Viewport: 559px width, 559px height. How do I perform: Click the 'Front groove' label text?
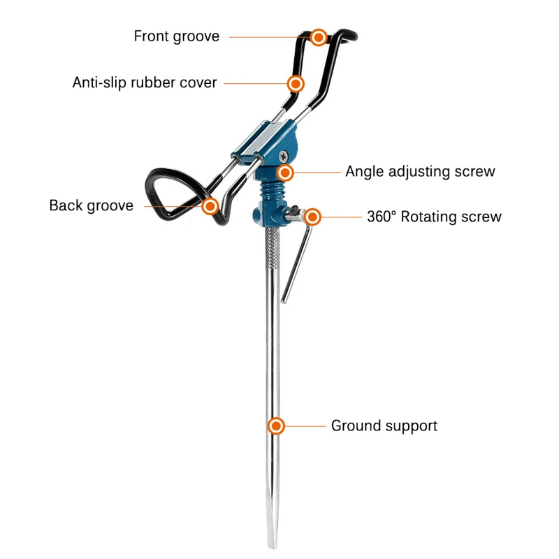click(x=176, y=36)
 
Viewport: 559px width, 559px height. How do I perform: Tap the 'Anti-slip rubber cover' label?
click(x=145, y=82)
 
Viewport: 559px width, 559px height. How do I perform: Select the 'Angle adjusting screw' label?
click(x=420, y=171)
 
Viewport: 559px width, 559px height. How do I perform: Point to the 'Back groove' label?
click(x=91, y=205)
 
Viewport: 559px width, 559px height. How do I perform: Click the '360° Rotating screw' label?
click(x=434, y=217)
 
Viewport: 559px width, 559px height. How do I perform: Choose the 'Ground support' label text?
click(x=384, y=426)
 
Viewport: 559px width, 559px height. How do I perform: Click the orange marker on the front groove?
click(x=319, y=37)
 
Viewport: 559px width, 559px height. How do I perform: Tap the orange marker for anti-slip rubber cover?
click(x=296, y=84)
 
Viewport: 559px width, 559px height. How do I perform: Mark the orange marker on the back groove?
click(x=210, y=206)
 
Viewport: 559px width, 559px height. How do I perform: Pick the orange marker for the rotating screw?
click(x=312, y=217)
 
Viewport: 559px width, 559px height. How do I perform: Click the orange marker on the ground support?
click(x=277, y=426)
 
